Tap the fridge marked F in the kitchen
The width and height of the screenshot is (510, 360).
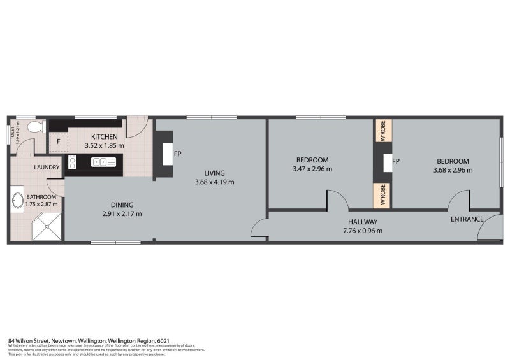point(58,142)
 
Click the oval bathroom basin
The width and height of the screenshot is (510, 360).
point(17,203)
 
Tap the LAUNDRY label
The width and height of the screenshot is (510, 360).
point(47,168)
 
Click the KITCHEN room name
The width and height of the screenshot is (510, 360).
point(104,137)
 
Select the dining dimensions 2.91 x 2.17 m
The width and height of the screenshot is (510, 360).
point(122,213)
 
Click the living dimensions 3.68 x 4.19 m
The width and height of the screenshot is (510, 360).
point(215,182)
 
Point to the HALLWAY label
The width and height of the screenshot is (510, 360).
point(362,222)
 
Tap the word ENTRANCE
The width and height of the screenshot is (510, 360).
point(467,219)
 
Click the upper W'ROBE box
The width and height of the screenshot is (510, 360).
point(382,131)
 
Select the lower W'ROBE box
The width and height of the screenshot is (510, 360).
point(382,195)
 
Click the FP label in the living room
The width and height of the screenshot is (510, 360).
point(177,154)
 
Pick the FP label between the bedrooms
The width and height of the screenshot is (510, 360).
point(396,161)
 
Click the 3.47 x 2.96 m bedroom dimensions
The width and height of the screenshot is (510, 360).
point(312,169)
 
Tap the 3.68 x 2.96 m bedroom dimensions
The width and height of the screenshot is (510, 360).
point(453,170)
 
